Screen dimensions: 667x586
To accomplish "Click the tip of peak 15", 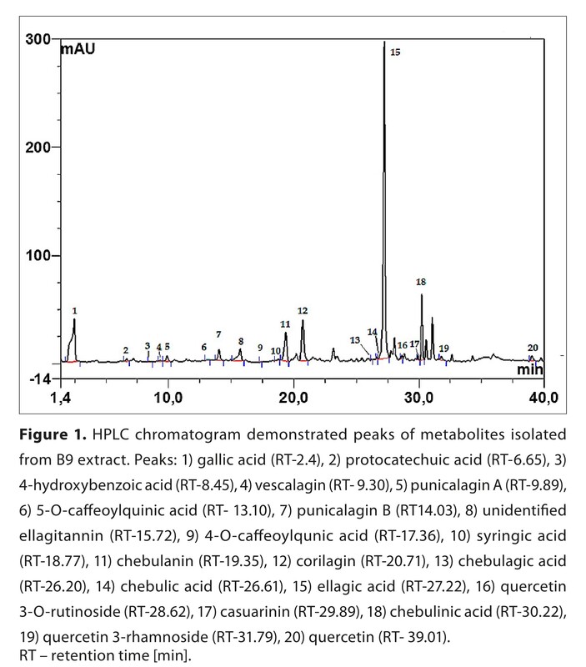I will tap(383, 42).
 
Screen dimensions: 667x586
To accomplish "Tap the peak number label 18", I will tap(421, 283).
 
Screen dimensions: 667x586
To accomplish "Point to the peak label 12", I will tap(303, 310).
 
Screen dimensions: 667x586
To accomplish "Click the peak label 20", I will tap(533, 348).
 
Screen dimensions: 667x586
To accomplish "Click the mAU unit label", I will tap(78, 49).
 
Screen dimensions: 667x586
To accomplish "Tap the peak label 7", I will tap(218, 334).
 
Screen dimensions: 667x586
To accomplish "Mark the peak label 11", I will tap(285, 323).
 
